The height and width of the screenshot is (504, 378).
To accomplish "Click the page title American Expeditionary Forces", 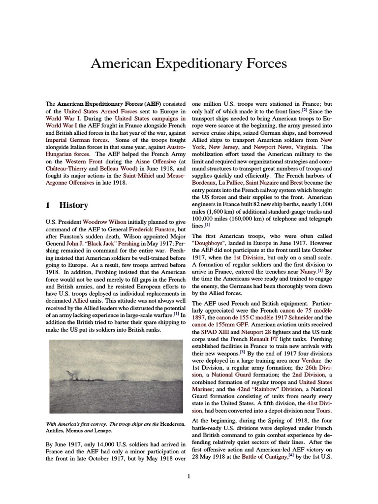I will tap(189, 63).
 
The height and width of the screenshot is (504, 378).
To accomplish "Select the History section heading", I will tap(73, 205).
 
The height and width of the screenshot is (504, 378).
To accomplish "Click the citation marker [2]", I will tap(305, 110).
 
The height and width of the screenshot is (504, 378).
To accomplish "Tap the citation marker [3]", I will tap(243, 353).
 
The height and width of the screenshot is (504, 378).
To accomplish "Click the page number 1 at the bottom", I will tap(189, 476).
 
